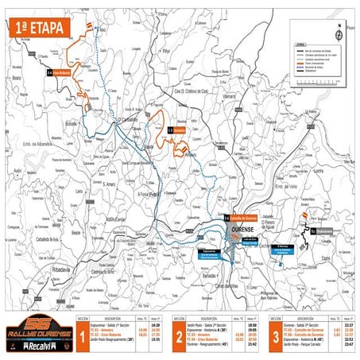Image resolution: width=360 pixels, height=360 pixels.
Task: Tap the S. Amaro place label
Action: (107, 184)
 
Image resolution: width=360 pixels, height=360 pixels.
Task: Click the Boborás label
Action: (72, 124)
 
